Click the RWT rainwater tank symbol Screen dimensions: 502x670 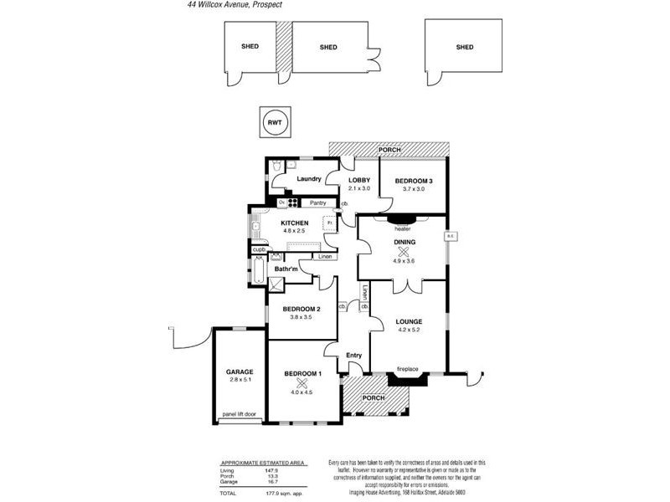(274, 122)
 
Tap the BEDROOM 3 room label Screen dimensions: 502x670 (414, 182)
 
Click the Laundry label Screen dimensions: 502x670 (309, 178)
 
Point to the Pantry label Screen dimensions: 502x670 (317, 202)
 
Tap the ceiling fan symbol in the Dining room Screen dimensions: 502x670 (404, 251)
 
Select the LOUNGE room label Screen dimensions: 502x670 (409, 321)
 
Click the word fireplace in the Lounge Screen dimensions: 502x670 (407, 369)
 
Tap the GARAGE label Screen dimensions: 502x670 (239, 371)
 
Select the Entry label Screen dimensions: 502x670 (353, 356)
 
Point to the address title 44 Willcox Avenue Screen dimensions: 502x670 (234, 5)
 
